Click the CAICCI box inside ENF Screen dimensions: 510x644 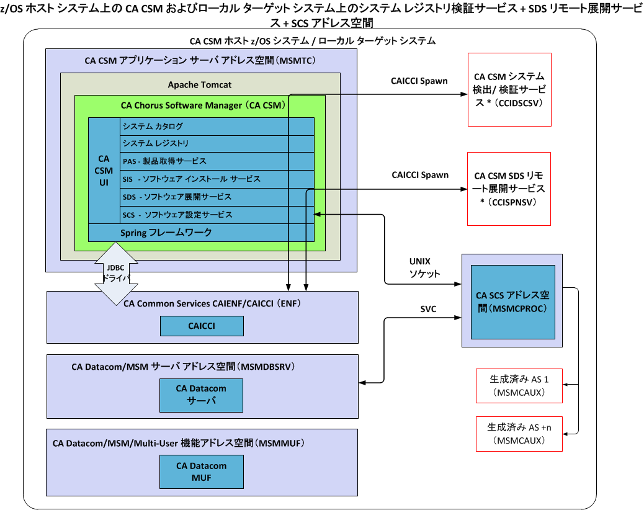(x=201, y=326)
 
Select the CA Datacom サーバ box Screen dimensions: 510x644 (x=201, y=395)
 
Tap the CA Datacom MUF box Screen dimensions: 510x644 (x=201, y=472)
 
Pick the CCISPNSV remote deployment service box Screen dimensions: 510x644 (x=509, y=189)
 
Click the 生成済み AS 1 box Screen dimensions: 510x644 (x=519, y=385)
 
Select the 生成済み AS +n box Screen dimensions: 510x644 (x=519, y=434)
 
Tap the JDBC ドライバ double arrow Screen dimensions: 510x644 (x=117, y=274)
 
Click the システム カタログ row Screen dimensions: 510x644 (x=217, y=127)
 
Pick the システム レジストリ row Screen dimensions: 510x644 (x=217, y=144)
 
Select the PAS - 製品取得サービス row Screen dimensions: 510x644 (x=217, y=161)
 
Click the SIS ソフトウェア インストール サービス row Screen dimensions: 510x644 (x=217, y=179)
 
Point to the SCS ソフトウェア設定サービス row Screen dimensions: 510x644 (x=217, y=215)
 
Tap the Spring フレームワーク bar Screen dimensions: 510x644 (x=201, y=233)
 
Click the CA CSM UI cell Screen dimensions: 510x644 (x=104, y=171)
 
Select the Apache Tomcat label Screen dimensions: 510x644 (x=200, y=84)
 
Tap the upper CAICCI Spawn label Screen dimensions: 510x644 (x=419, y=81)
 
